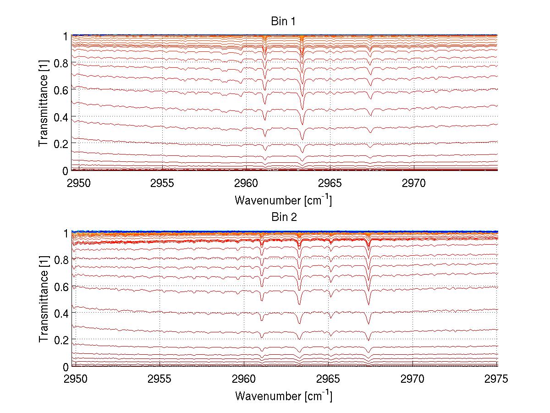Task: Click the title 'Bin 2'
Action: (x=283, y=217)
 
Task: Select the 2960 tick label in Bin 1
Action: (x=247, y=184)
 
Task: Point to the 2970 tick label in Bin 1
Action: (x=414, y=184)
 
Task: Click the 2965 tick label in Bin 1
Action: (x=330, y=184)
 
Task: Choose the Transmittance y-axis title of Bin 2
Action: (x=43, y=300)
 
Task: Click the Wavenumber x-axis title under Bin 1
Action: (x=283, y=200)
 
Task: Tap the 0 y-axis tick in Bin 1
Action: (x=66, y=171)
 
